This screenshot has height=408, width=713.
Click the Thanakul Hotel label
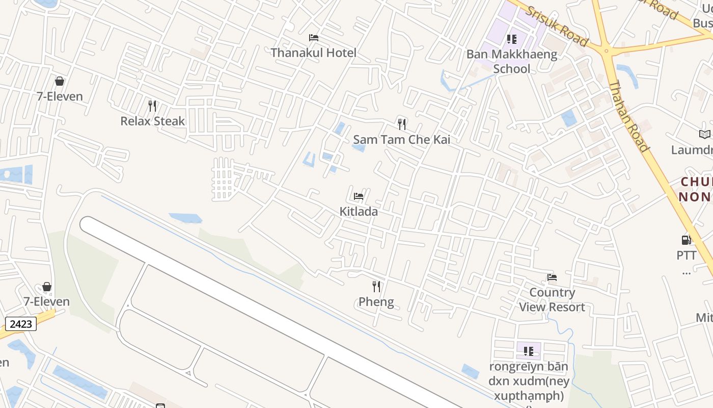[x=313, y=53]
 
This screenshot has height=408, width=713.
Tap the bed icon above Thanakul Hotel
[x=314, y=38]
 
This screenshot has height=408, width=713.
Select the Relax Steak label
[x=152, y=121]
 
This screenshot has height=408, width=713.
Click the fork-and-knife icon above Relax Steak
[x=152, y=106]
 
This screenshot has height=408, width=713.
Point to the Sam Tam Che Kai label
[x=401, y=139]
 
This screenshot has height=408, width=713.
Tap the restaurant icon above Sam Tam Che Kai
[x=402, y=124]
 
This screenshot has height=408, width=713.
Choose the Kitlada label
[x=359, y=211]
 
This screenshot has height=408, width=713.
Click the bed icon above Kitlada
[x=359, y=196]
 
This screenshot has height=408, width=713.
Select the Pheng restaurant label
[x=376, y=301]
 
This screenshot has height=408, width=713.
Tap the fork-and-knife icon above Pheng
[x=376, y=287]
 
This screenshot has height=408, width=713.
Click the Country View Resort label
[x=552, y=299]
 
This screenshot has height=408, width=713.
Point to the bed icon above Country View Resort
[x=552, y=277]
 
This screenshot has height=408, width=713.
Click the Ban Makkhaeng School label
[x=512, y=61]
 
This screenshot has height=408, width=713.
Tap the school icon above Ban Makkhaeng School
[x=512, y=39]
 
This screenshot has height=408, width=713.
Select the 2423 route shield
[x=21, y=323]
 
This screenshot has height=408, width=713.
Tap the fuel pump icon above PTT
[x=686, y=240]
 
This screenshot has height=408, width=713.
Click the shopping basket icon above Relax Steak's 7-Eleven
[x=60, y=81]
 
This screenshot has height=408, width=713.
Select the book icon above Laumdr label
[x=705, y=135]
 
